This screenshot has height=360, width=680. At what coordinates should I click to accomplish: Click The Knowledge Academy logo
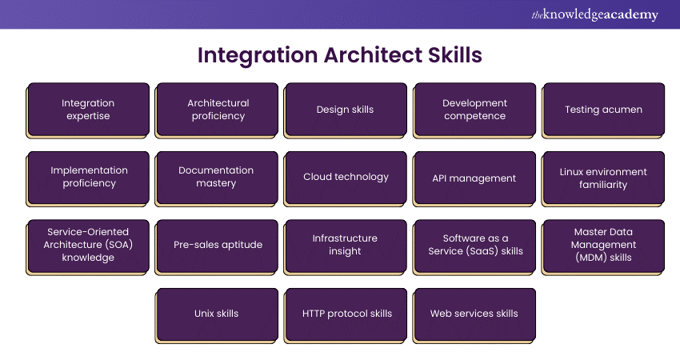coord(594,14)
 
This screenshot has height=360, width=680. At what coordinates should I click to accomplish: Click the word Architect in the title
coord(373,55)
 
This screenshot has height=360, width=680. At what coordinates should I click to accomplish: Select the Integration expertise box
coord(88,110)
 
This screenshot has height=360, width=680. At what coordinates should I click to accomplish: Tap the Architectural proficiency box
coord(217,110)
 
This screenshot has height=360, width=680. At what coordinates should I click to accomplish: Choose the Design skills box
coord(346,110)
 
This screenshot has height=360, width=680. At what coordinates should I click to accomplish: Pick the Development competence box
coord(474,110)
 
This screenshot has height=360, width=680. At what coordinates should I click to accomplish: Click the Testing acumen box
coord(603,110)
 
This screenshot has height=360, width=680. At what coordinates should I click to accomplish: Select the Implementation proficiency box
coord(88,178)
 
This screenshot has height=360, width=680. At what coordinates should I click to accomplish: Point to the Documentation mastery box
coord(217,178)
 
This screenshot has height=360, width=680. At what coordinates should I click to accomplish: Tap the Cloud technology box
coord(346,178)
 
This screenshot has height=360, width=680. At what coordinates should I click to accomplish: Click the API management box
coord(474,178)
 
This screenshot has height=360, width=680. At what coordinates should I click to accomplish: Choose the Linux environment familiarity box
coord(603,178)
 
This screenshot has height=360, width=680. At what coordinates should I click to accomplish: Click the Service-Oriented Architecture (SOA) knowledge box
coord(88,247)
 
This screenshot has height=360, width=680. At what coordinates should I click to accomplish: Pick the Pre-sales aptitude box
coord(217,247)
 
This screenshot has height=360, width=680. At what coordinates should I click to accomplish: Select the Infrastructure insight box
coord(346,247)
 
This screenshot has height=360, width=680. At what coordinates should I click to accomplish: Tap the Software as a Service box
coord(474,247)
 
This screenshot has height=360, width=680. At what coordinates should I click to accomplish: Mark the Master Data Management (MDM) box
coord(603,247)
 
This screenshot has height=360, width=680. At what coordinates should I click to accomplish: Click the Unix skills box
coord(217,316)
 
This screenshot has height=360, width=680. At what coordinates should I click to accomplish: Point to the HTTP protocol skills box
coord(346,316)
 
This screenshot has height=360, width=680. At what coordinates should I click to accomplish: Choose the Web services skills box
coord(474,316)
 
